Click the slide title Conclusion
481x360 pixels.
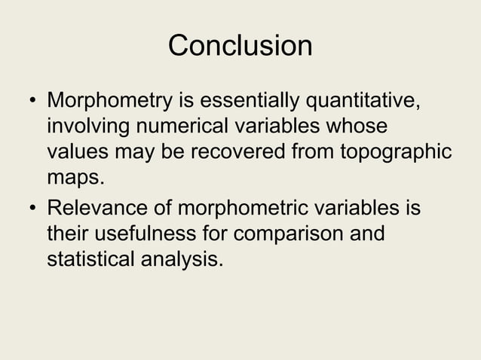point(240,45)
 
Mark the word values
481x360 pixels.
point(78,151)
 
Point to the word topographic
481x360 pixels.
point(397,153)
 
